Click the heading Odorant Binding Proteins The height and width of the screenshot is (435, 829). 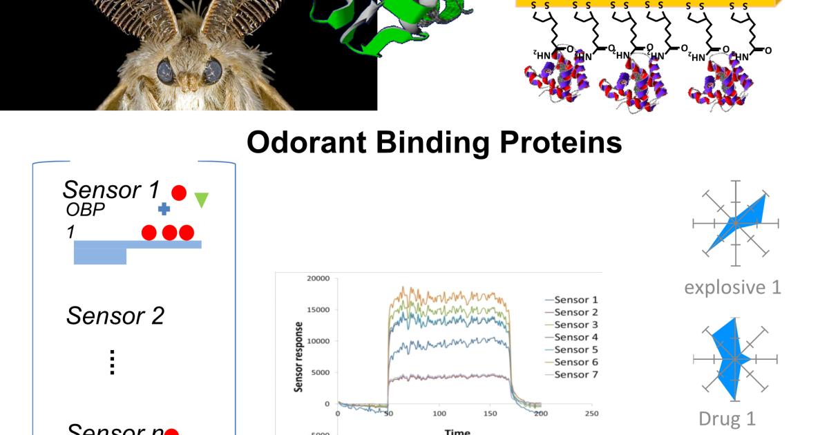[x=434, y=142]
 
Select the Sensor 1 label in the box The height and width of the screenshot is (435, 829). [x=111, y=189]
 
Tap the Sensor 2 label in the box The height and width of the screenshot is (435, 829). [x=115, y=316]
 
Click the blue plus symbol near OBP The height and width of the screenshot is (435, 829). [x=164, y=209]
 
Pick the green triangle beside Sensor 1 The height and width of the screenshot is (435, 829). [x=201, y=200]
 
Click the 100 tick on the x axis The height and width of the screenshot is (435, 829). [x=439, y=414]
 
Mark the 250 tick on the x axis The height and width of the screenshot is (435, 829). [x=591, y=414]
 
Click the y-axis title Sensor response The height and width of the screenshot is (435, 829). [x=299, y=356]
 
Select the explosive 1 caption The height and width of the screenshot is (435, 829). [x=733, y=287]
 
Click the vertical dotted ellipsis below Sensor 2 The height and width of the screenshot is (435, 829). [x=112, y=361]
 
